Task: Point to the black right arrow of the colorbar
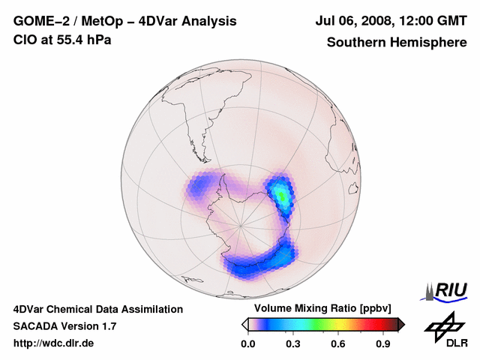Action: point(401,324)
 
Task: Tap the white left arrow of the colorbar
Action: point(244,324)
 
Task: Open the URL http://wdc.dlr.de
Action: point(54,343)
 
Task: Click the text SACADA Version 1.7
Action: point(64,326)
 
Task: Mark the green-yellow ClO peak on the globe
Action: point(280,194)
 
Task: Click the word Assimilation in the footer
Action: point(151,309)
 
